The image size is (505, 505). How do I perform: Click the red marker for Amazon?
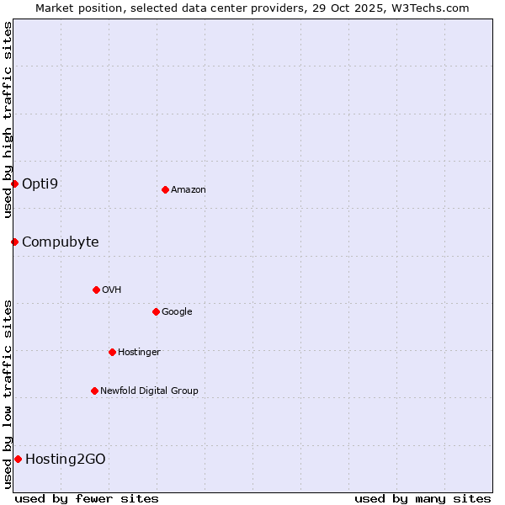165,189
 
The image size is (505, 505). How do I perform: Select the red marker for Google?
156,311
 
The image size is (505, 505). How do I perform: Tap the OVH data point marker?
96,290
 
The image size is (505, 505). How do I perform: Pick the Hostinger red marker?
112,352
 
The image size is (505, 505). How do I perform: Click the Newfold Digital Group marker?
94,391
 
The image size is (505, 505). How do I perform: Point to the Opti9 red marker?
14,183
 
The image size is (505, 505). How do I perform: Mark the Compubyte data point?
14,242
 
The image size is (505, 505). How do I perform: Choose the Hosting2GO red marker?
18,459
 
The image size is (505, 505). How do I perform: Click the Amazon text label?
189,190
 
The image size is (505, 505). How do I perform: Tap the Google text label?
177,312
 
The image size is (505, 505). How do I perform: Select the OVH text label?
112,290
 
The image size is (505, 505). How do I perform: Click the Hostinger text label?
139,353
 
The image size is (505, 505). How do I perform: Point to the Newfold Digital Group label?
149,391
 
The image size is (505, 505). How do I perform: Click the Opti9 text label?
40,183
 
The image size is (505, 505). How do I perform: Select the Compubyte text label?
60,242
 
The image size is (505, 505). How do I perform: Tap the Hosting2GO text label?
66,460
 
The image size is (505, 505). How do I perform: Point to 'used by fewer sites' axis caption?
87,498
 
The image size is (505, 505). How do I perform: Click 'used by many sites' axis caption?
423,498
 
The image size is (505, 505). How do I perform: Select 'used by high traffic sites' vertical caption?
8,120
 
